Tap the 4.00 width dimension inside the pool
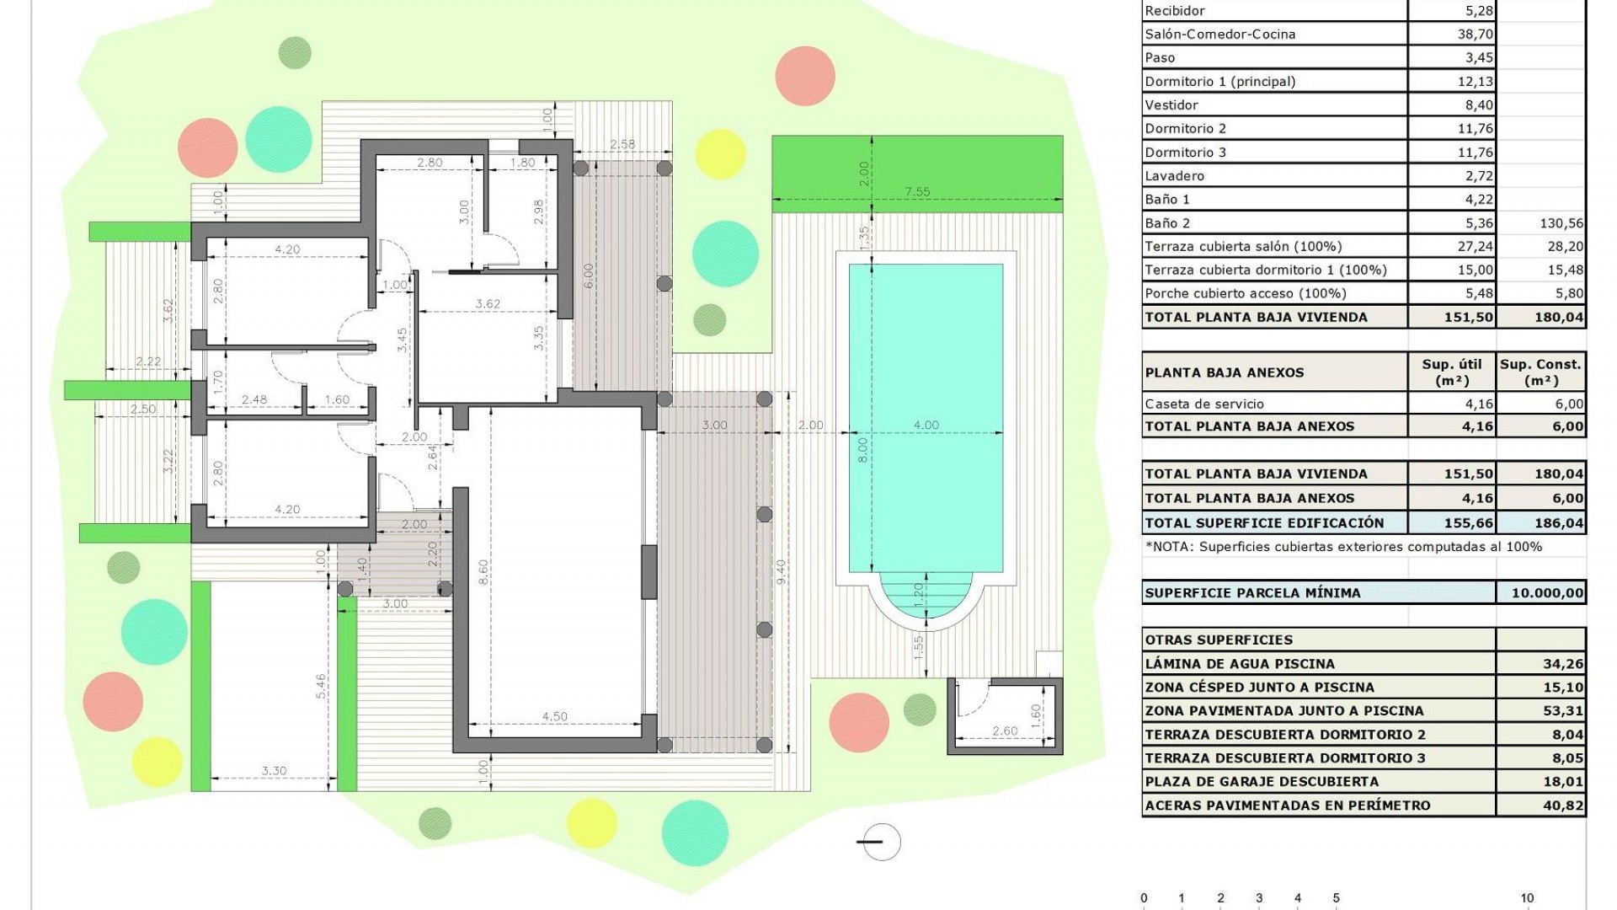(x=926, y=426)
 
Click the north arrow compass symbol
(x=880, y=841)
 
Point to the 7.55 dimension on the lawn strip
(x=917, y=192)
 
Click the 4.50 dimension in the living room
(x=554, y=717)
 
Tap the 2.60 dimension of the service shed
(x=1004, y=731)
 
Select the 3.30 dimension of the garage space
(x=274, y=771)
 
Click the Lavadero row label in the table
(x=1174, y=176)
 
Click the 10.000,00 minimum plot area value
(x=1546, y=593)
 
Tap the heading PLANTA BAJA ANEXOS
(x=1224, y=372)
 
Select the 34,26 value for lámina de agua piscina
(x=1563, y=664)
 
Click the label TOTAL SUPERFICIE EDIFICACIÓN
(x=1264, y=523)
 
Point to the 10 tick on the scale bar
(x=1527, y=898)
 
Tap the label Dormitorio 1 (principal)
(x=1219, y=82)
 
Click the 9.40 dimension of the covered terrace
(x=781, y=572)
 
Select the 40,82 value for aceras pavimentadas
(x=1563, y=806)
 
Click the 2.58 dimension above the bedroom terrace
(x=622, y=145)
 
